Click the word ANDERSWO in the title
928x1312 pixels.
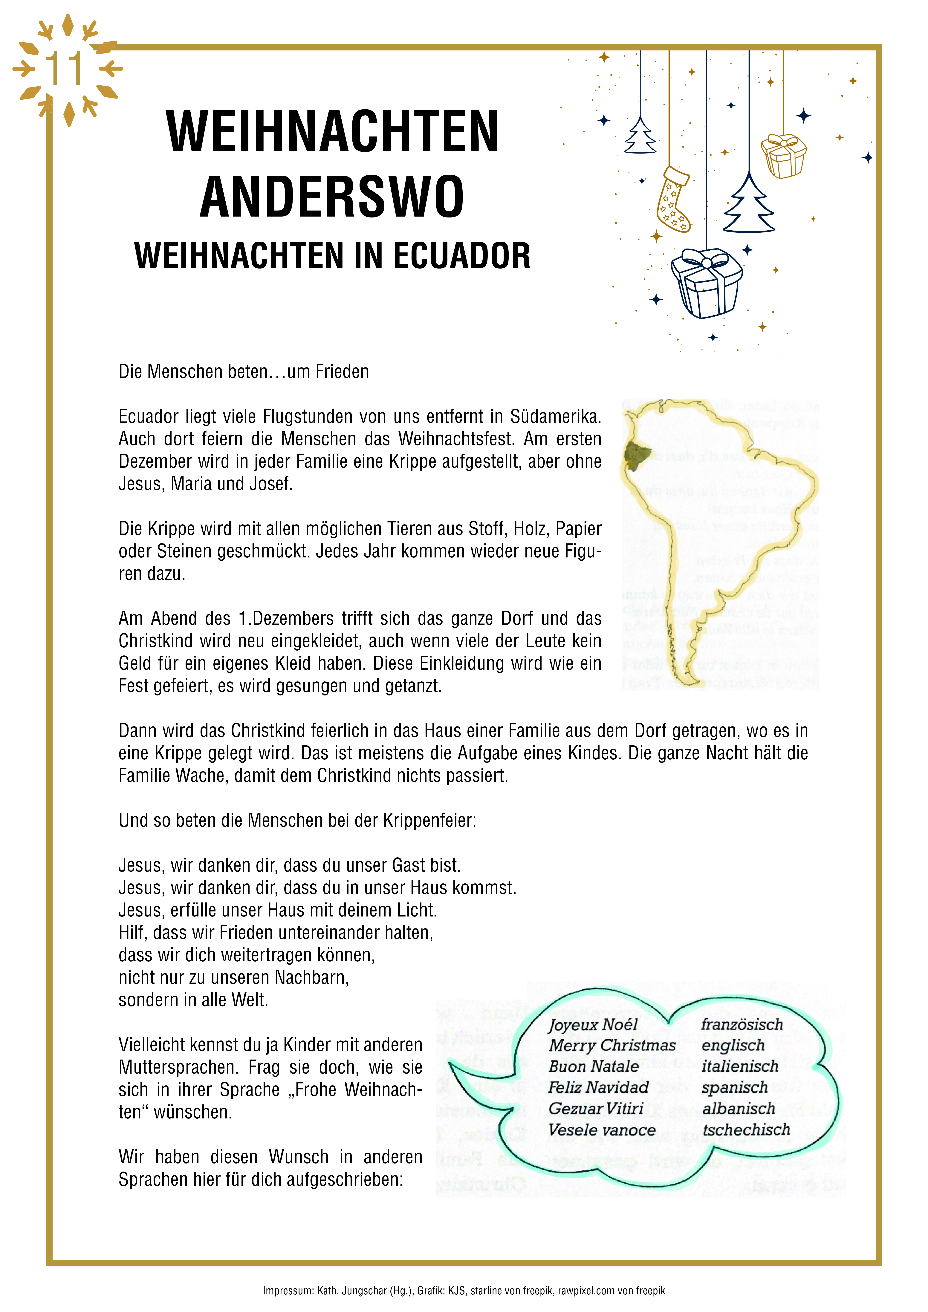(332, 196)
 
